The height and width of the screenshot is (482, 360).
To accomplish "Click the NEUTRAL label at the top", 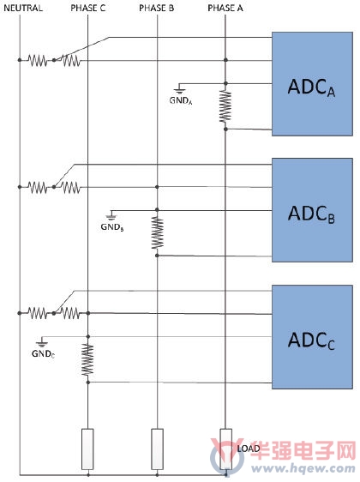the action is pos(23,8).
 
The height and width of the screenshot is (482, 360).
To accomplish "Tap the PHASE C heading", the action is pos(87,8).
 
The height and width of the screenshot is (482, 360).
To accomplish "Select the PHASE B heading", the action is pos(156,8).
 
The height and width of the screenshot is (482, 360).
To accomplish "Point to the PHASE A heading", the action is pos(225,8).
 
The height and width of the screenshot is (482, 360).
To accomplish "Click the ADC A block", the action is pos(312,84).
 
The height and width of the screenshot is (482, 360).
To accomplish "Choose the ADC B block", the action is pos(312,210).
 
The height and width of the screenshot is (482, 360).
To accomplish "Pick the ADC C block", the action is pos(312,337).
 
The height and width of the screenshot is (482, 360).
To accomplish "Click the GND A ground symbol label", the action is pos(181,100).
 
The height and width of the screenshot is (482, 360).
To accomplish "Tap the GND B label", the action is pos(112,227).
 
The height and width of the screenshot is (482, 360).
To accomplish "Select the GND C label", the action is pos(44,354).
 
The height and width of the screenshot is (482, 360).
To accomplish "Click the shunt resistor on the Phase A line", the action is pos(225,106).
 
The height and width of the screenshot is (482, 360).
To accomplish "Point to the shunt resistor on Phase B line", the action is pos(157,232).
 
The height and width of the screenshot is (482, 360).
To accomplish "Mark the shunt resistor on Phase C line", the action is pos(87,359).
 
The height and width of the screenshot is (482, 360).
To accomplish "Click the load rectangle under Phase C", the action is pos(87,449).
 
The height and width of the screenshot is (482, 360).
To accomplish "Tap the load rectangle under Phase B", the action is pos(157,449).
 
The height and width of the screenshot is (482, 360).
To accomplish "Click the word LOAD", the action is pos(249,449).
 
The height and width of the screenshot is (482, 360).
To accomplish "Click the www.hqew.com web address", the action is pos(303,469).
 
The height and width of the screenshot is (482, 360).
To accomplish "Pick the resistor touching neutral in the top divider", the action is pos(38,60).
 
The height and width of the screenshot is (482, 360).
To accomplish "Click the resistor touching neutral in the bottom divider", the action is pos(38,313).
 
